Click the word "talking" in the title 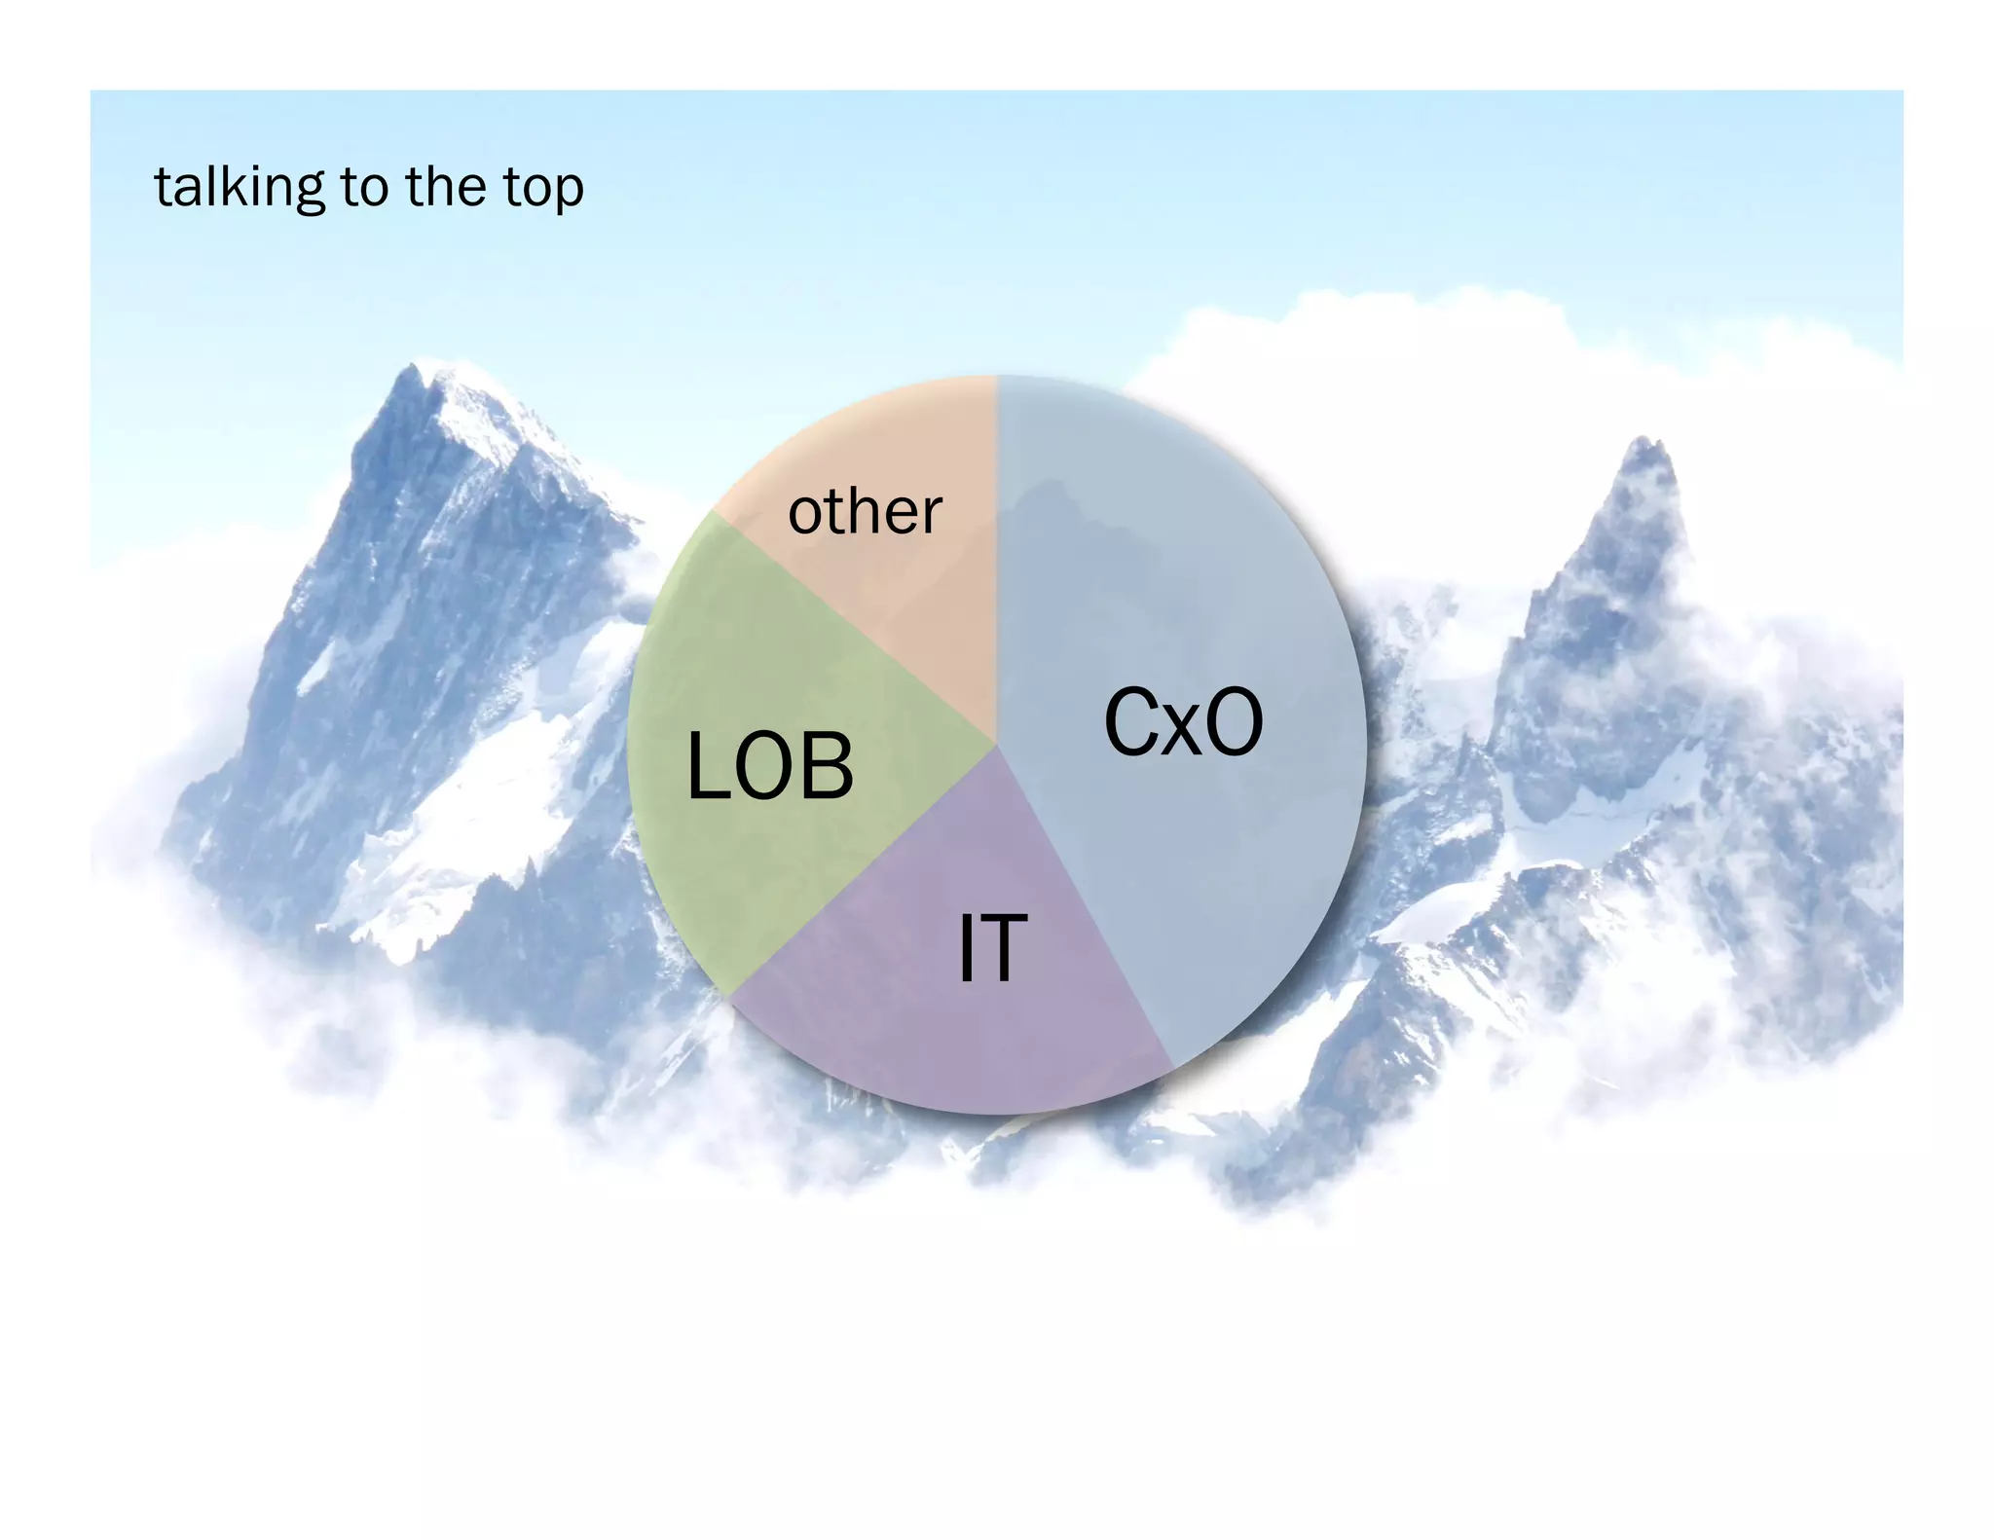239,187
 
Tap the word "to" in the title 364,187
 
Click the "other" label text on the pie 865,511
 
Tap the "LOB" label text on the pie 770,767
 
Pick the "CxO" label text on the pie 1183,722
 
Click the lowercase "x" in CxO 1184,731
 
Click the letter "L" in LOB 708,767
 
